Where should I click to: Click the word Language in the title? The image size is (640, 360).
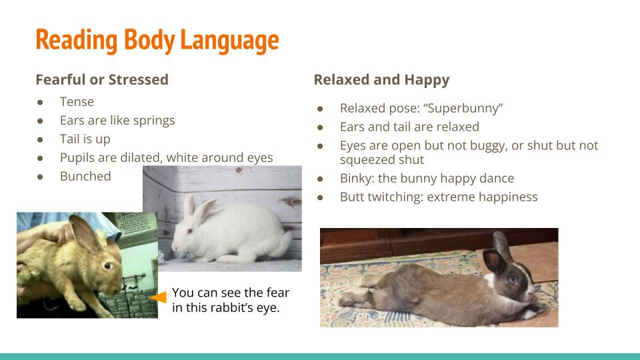229,41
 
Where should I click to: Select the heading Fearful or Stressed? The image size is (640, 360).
102,79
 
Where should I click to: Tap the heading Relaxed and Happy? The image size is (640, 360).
381,80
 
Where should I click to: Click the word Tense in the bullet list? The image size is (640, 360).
77,101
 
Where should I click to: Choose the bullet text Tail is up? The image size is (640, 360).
85,139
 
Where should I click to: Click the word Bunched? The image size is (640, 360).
85,176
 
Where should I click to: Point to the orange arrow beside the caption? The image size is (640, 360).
159,297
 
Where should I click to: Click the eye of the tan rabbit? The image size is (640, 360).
108,266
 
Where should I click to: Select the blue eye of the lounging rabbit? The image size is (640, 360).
512,279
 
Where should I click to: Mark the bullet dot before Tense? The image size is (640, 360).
40,103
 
